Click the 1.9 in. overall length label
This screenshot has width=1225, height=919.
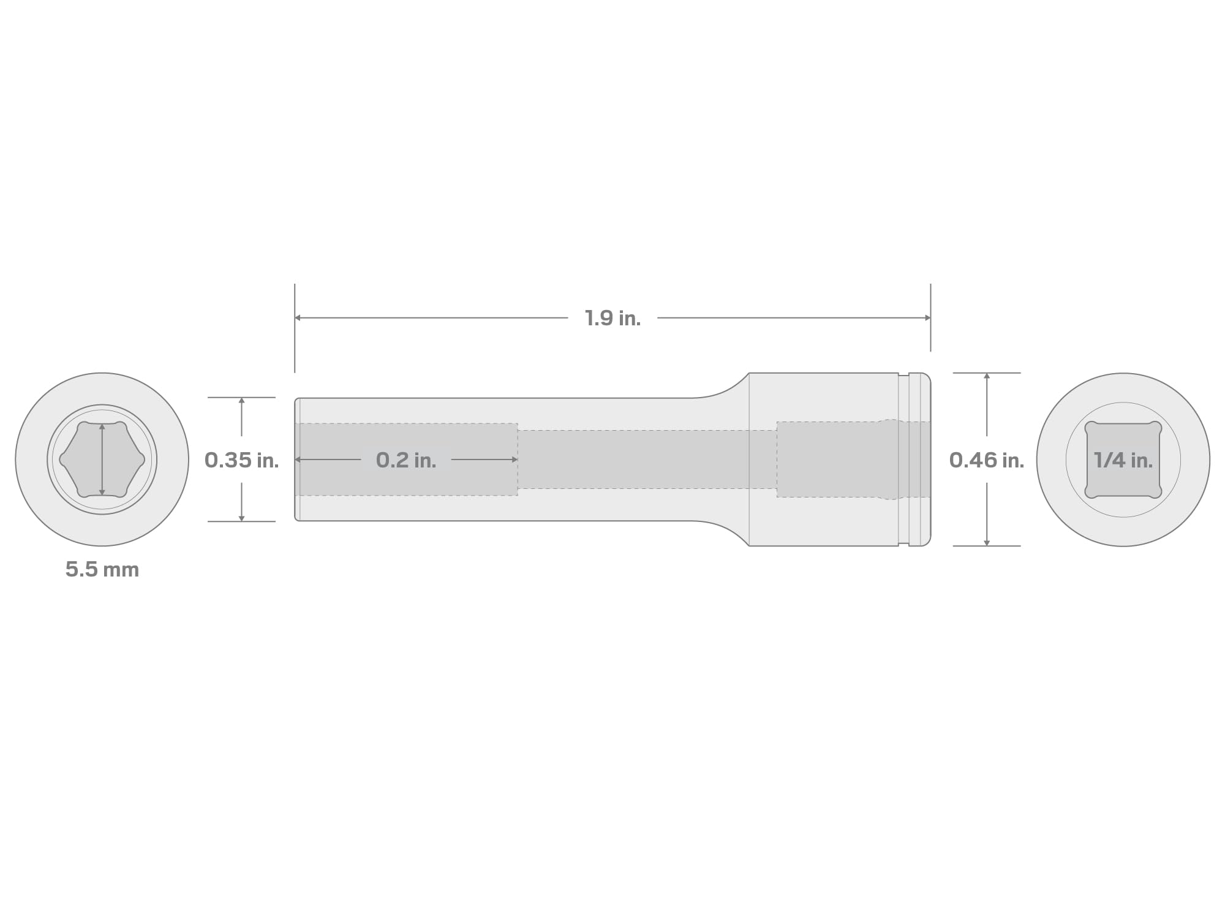coord(612,318)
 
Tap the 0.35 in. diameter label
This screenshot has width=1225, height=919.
coord(241,460)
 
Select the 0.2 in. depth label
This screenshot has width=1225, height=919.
coord(406,460)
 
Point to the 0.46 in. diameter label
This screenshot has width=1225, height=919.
coord(986,460)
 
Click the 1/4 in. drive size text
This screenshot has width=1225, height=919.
coord(1123,460)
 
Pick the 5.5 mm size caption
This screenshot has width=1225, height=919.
coord(102,570)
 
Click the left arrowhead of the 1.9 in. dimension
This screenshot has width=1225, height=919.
coord(298,318)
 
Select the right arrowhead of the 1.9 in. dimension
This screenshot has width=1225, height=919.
coord(927,318)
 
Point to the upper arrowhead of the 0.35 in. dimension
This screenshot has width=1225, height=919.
coord(241,401)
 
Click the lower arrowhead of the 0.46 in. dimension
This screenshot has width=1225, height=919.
coord(986,542)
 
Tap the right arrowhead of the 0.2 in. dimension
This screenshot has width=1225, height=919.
coord(514,459)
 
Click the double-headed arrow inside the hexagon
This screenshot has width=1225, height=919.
coord(102,459)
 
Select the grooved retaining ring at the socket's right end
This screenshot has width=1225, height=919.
coord(915,459)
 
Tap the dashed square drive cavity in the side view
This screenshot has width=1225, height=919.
coord(827,459)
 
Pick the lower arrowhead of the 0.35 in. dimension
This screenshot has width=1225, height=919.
coord(241,518)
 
